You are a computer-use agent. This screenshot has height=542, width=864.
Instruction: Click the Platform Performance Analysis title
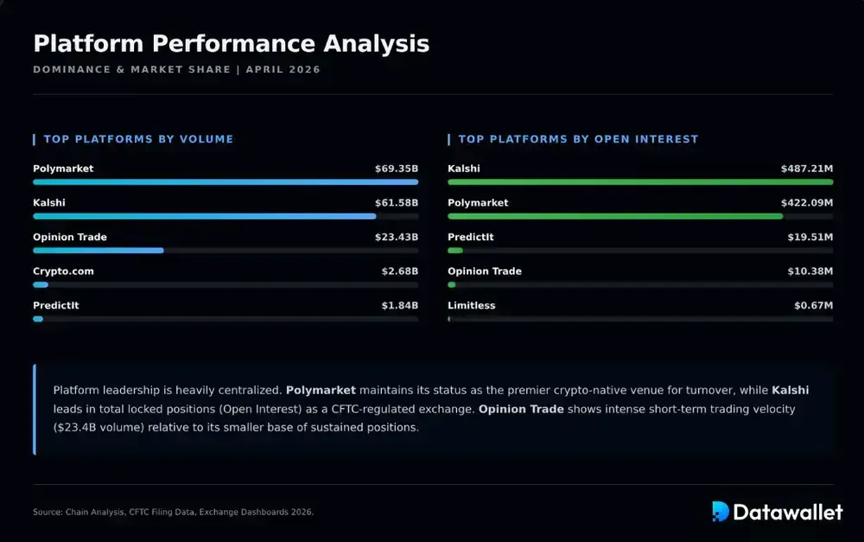231,43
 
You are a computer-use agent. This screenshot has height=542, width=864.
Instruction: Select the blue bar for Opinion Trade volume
98,251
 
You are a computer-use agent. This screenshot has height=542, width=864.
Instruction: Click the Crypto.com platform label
63,271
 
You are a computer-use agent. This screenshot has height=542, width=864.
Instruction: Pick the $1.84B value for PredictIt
399,306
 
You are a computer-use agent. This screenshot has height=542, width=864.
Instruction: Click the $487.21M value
807,169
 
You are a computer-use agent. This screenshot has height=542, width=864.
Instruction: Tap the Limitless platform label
472,306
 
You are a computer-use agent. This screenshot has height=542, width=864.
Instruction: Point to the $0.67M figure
813,306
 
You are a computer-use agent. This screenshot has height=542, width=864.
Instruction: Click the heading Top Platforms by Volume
138,139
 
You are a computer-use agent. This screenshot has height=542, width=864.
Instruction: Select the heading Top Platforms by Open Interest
578,139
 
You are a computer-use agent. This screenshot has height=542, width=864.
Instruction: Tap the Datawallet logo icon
721,512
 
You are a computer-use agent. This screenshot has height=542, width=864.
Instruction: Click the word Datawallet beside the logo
788,512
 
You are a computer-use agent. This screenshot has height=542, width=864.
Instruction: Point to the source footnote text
173,513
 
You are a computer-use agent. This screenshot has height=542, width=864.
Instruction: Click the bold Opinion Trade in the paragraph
521,409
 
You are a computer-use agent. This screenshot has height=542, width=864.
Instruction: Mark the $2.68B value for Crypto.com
399,271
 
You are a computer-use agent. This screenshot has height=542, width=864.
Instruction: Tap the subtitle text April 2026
283,69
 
